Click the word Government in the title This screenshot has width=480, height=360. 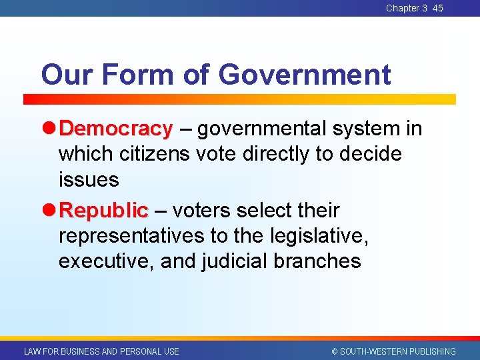(x=305, y=75)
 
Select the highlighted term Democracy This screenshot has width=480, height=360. (x=120, y=128)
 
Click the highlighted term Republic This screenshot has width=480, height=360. (x=103, y=211)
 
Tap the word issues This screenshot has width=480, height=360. (x=89, y=179)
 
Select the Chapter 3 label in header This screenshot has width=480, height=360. (x=407, y=8)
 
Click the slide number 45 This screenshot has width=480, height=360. (x=437, y=8)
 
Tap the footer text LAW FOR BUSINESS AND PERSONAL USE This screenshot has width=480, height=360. (x=101, y=351)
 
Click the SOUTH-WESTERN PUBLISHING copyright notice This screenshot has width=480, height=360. (x=394, y=351)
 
